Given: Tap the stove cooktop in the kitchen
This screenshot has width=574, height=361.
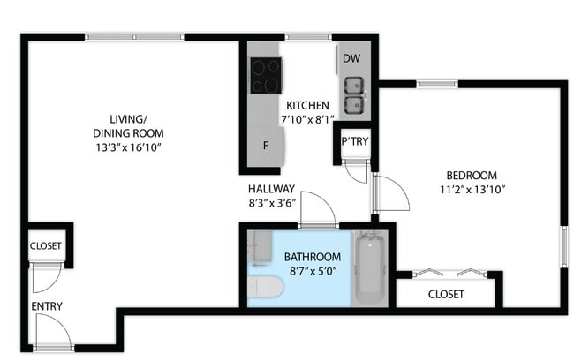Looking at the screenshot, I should coord(265,75).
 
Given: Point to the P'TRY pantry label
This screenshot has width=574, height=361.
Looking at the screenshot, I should coord(355,142).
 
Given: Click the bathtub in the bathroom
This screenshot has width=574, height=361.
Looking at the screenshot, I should coord(369,268).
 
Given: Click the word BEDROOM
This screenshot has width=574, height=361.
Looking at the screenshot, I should coord(471,175).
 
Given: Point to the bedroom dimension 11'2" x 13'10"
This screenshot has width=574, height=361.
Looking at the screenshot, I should coord(471,189).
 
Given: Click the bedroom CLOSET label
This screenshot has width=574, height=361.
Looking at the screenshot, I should coord(446,294).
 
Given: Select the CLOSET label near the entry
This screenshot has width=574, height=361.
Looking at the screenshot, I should coord(46,246).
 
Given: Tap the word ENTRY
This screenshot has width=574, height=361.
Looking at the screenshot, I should coord(46,306).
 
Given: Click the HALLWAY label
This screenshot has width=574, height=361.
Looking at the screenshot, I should coord(271,188).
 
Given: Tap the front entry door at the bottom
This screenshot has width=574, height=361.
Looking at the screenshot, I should coord(54,335).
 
